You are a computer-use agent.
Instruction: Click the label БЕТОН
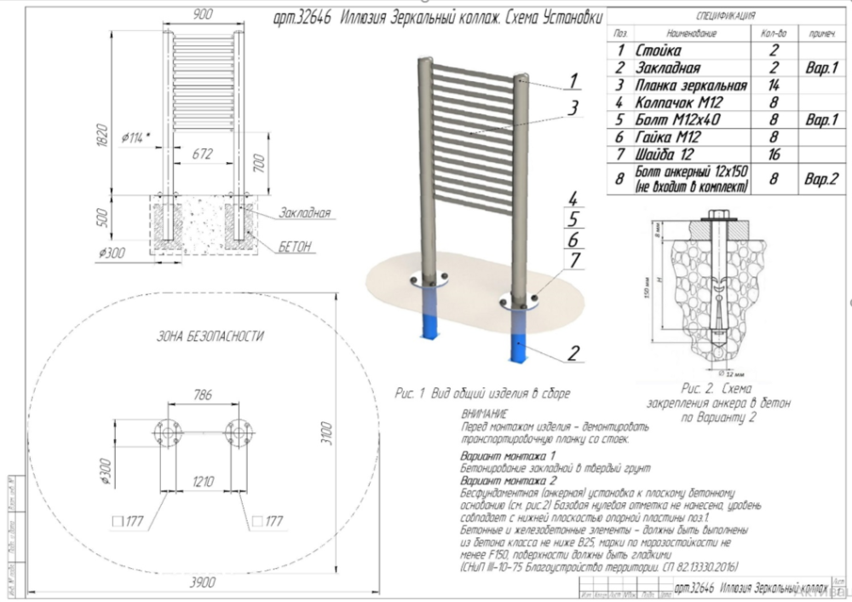(x=295, y=246)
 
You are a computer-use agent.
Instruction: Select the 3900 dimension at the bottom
(x=203, y=582)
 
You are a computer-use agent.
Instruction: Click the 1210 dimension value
(x=203, y=481)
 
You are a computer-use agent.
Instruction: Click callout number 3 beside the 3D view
(x=574, y=108)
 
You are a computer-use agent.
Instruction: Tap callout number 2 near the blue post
(x=574, y=351)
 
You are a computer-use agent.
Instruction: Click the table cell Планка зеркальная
(x=691, y=84)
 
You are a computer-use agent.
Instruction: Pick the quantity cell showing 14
(x=773, y=84)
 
